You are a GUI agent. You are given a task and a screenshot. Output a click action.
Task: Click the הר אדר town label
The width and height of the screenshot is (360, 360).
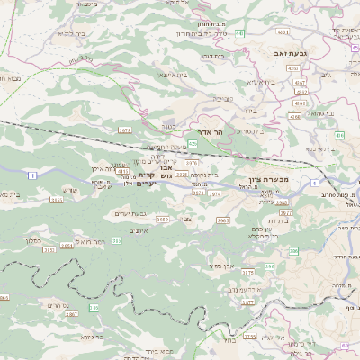[x=210, y=130]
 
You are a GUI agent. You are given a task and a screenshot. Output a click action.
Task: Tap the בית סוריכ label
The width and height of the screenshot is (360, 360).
[x=249, y=132]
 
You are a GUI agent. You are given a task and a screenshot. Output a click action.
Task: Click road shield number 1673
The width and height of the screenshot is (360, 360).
[x=125, y=130]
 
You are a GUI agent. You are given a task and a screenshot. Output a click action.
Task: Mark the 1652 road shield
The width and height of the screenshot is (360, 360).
[x=163, y=219]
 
